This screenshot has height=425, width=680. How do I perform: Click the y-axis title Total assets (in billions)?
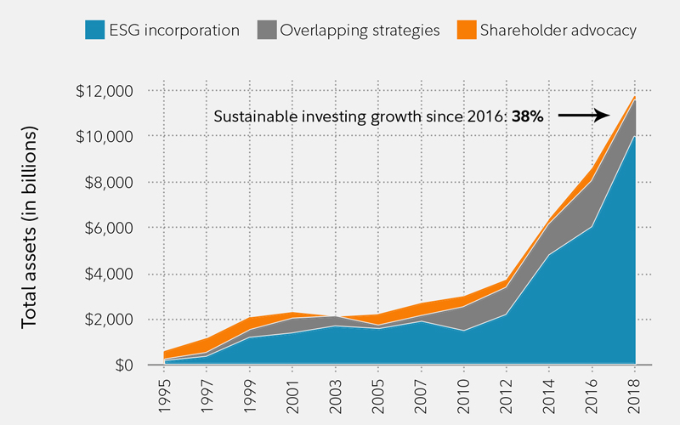coord(31,228)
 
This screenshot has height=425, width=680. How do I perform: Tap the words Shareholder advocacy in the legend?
coord(558,31)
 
